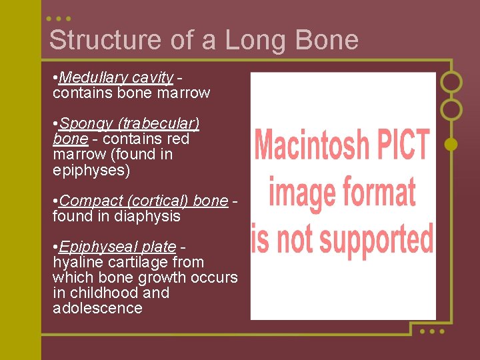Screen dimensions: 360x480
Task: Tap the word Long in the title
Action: [x=254, y=40]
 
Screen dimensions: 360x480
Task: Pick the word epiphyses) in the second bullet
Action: [x=91, y=170]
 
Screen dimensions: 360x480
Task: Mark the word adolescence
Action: [x=97, y=308]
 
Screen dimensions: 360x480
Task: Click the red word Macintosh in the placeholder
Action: [x=311, y=144]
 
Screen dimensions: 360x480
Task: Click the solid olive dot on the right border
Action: [x=451, y=143]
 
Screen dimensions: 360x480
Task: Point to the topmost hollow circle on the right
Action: [x=451, y=81]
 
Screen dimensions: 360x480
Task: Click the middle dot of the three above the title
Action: [x=59, y=19]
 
